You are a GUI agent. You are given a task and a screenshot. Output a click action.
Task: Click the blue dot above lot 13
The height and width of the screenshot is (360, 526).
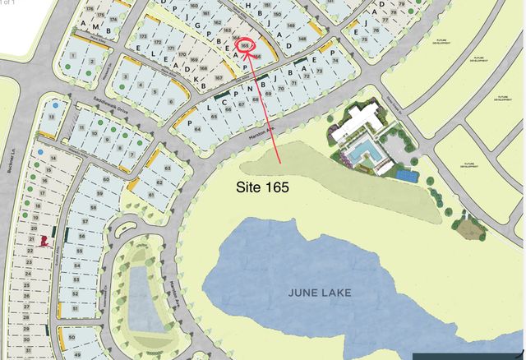[54, 106]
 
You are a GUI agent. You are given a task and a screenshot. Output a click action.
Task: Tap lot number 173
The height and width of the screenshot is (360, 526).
[142, 39]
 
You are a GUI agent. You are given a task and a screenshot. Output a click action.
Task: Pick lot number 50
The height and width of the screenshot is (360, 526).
[72, 338]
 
